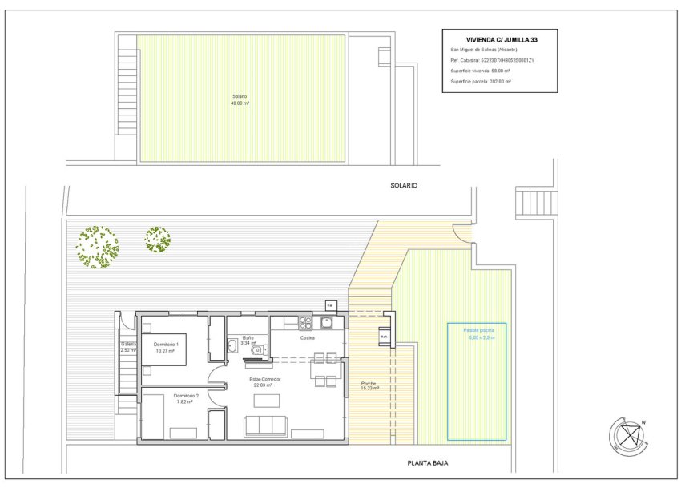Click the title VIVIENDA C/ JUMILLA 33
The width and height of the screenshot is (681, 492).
(x=499, y=39)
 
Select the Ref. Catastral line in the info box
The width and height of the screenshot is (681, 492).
(x=492, y=60)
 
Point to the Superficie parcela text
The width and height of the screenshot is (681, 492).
(x=481, y=81)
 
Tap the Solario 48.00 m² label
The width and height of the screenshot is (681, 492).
(x=240, y=100)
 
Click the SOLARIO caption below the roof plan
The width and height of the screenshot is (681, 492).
(x=404, y=185)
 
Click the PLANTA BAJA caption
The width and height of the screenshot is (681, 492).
(x=427, y=463)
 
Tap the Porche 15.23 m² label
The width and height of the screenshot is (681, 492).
(x=369, y=385)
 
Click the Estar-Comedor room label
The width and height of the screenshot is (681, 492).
(x=264, y=381)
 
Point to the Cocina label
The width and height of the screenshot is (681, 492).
(x=308, y=338)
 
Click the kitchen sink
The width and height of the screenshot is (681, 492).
(x=326, y=323)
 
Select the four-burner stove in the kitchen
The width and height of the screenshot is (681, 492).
(x=304, y=323)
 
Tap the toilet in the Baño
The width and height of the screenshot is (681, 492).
(x=257, y=350)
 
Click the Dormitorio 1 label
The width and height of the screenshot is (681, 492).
(x=166, y=347)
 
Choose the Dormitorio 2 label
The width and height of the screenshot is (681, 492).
(x=186, y=398)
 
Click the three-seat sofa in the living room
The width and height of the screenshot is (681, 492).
(x=266, y=425)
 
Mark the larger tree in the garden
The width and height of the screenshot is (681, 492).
(x=98, y=246)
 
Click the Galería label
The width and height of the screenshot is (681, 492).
(x=128, y=347)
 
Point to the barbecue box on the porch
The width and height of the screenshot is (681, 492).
(x=384, y=337)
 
